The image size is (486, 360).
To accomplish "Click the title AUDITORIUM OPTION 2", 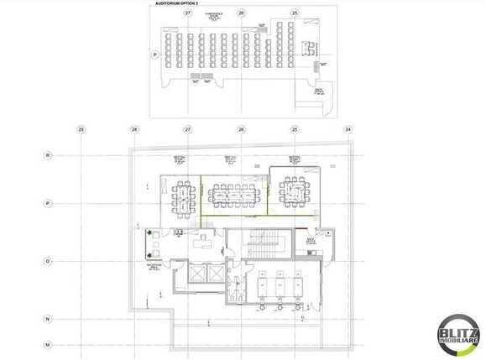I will click(x=177, y=4).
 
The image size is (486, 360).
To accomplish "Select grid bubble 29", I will click(x=81, y=129).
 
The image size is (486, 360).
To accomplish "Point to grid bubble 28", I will click(x=134, y=129).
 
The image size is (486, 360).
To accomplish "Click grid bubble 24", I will click(x=348, y=129).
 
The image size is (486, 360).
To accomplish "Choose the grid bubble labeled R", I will click(x=49, y=155).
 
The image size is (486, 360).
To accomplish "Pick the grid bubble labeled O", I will click(x=49, y=261).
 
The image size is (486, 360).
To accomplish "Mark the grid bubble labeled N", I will click(x=49, y=320).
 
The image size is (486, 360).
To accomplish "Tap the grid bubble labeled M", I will click(x=49, y=345).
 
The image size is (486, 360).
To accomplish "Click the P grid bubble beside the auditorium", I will click(x=154, y=55).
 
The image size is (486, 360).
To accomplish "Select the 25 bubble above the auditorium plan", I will click(x=295, y=13).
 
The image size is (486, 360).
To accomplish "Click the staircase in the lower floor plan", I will click(x=269, y=244).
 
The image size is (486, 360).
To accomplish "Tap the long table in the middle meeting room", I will click(x=235, y=196).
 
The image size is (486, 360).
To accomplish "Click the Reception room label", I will click(x=154, y=266).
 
